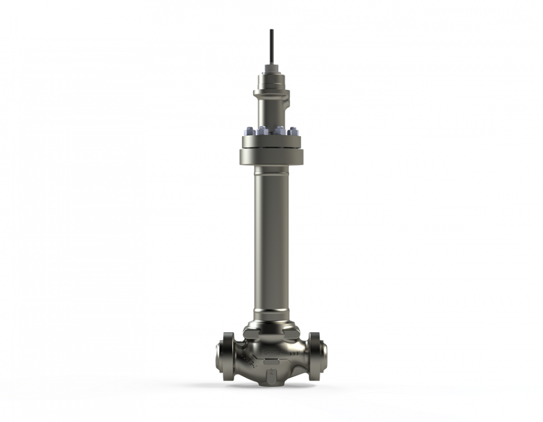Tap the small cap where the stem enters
click(x=271, y=68)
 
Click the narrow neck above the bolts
click(x=271, y=115)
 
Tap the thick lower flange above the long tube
click(x=271, y=156)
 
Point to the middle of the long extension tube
click(x=271, y=241)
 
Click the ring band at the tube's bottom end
click(x=271, y=315)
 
